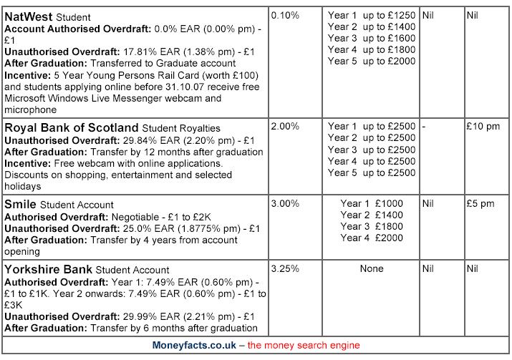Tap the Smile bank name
click(21, 204)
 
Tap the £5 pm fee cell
click(480, 203)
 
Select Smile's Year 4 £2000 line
click(372, 238)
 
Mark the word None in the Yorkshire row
click(372, 269)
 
